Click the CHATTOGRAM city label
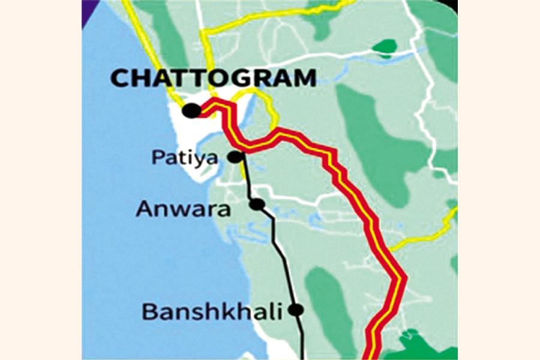pyautogui.click(x=214, y=78)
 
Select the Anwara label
pyautogui.click(x=183, y=209)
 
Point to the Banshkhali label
pyautogui.click(x=211, y=311)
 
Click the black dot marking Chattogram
pyautogui.click(x=191, y=110)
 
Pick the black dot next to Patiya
pyautogui.click(x=235, y=157)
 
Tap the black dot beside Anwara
pyautogui.click(x=257, y=204)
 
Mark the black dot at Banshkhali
pyautogui.click(x=295, y=310)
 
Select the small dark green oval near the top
pyautogui.click(x=384, y=46)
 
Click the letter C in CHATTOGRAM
pyautogui.click(x=121, y=79)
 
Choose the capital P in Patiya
pyautogui.click(x=158, y=158)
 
